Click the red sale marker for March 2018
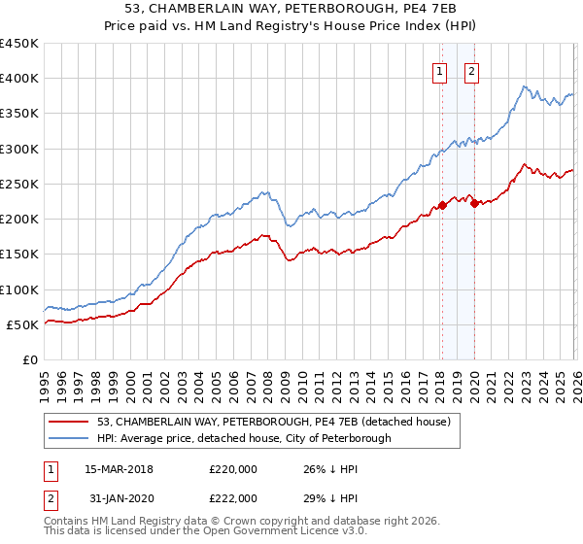click(x=442, y=205)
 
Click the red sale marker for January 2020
click(x=474, y=203)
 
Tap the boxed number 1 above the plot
click(x=439, y=70)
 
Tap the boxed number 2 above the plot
click(x=471, y=70)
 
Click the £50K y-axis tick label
click(x=22, y=324)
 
